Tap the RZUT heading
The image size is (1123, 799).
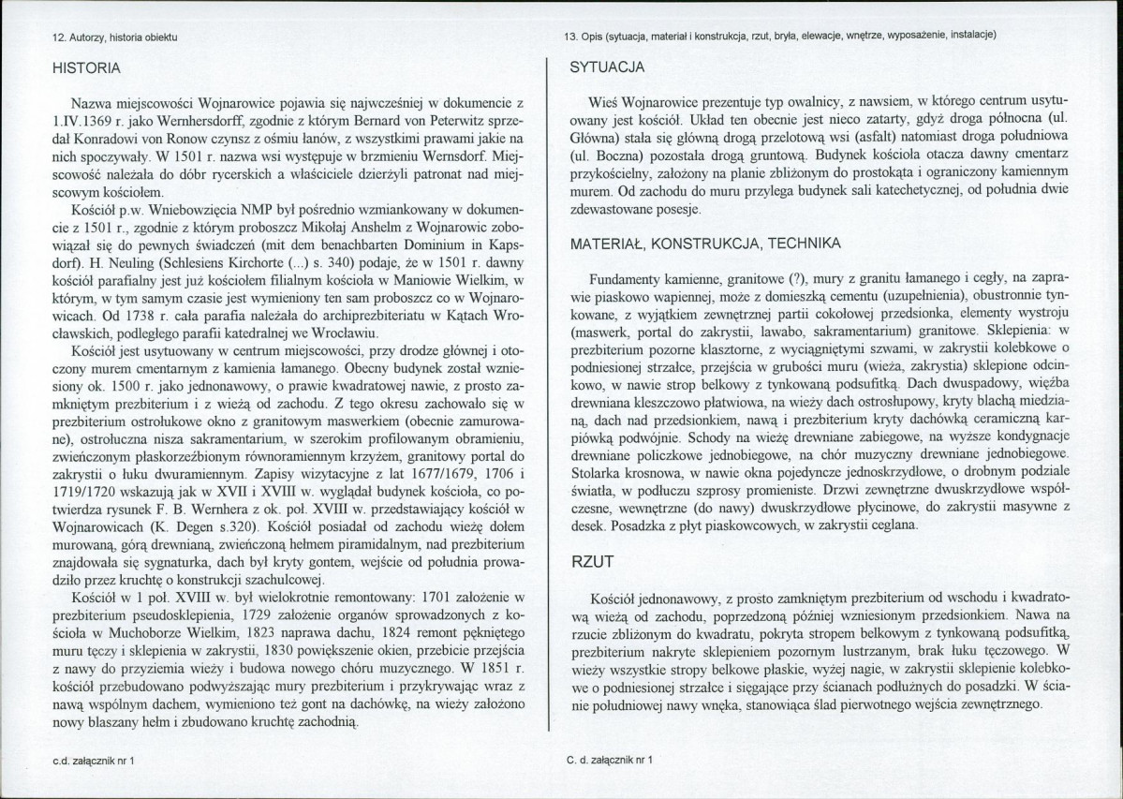click(x=592, y=562)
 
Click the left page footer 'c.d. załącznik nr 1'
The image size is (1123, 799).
click(x=95, y=762)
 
